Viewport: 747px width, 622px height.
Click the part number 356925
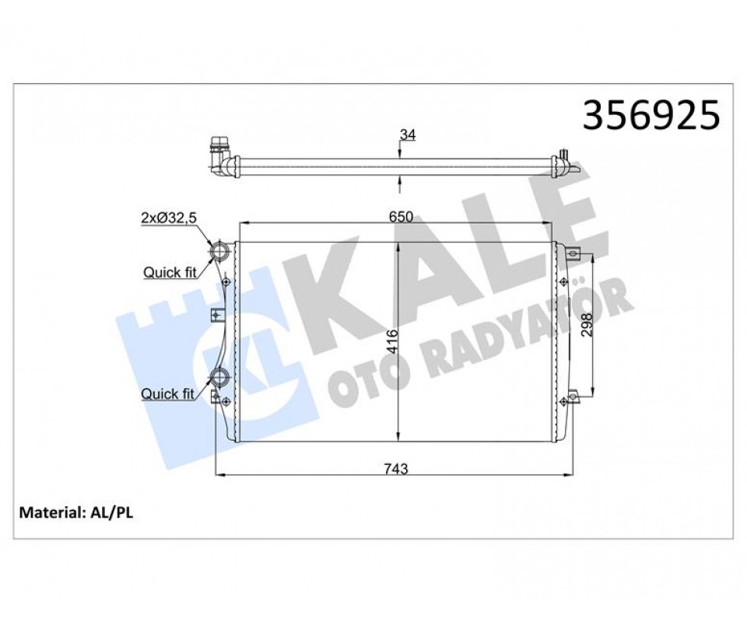(x=651, y=115)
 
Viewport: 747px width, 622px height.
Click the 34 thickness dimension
(x=407, y=135)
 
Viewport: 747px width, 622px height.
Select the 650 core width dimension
(x=400, y=217)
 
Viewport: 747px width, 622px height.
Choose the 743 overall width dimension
(x=396, y=469)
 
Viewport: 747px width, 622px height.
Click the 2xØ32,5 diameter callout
(x=169, y=218)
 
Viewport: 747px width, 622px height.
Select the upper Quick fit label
(x=170, y=272)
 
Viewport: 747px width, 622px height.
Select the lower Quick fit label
(x=168, y=393)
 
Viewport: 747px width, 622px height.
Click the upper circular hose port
(x=219, y=251)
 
